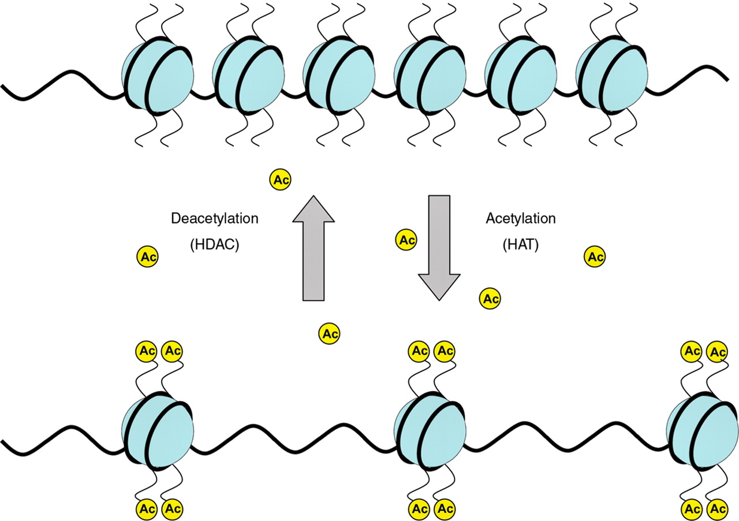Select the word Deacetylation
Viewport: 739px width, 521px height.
pos(215,219)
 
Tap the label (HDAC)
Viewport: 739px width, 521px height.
pos(214,244)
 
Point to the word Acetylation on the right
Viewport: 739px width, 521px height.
pos(521,219)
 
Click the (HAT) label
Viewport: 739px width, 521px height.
pos(520,244)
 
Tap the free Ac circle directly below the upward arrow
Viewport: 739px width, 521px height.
pos(330,333)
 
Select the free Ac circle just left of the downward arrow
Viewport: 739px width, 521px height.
pos(405,239)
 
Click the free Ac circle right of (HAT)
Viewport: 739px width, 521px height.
pos(595,256)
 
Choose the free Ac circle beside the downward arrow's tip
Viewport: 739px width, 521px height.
pos(490,299)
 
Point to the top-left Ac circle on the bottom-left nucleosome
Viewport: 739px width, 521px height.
pos(146,351)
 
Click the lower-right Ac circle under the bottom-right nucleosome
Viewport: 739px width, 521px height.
pos(717,509)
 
